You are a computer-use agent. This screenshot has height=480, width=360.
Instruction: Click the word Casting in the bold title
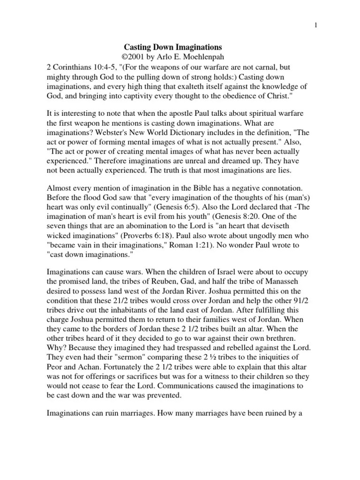tap(138, 47)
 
